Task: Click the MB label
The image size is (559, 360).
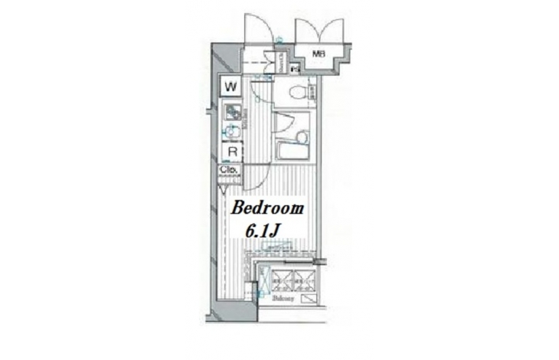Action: pyautogui.click(x=316, y=54)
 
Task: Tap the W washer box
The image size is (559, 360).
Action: pyautogui.click(x=231, y=87)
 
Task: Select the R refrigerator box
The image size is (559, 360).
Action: pyautogui.click(x=231, y=152)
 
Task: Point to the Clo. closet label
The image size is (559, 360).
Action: pyautogui.click(x=227, y=170)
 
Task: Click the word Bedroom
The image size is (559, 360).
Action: pyautogui.click(x=268, y=209)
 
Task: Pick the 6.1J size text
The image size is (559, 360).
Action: pyautogui.click(x=263, y=231)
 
